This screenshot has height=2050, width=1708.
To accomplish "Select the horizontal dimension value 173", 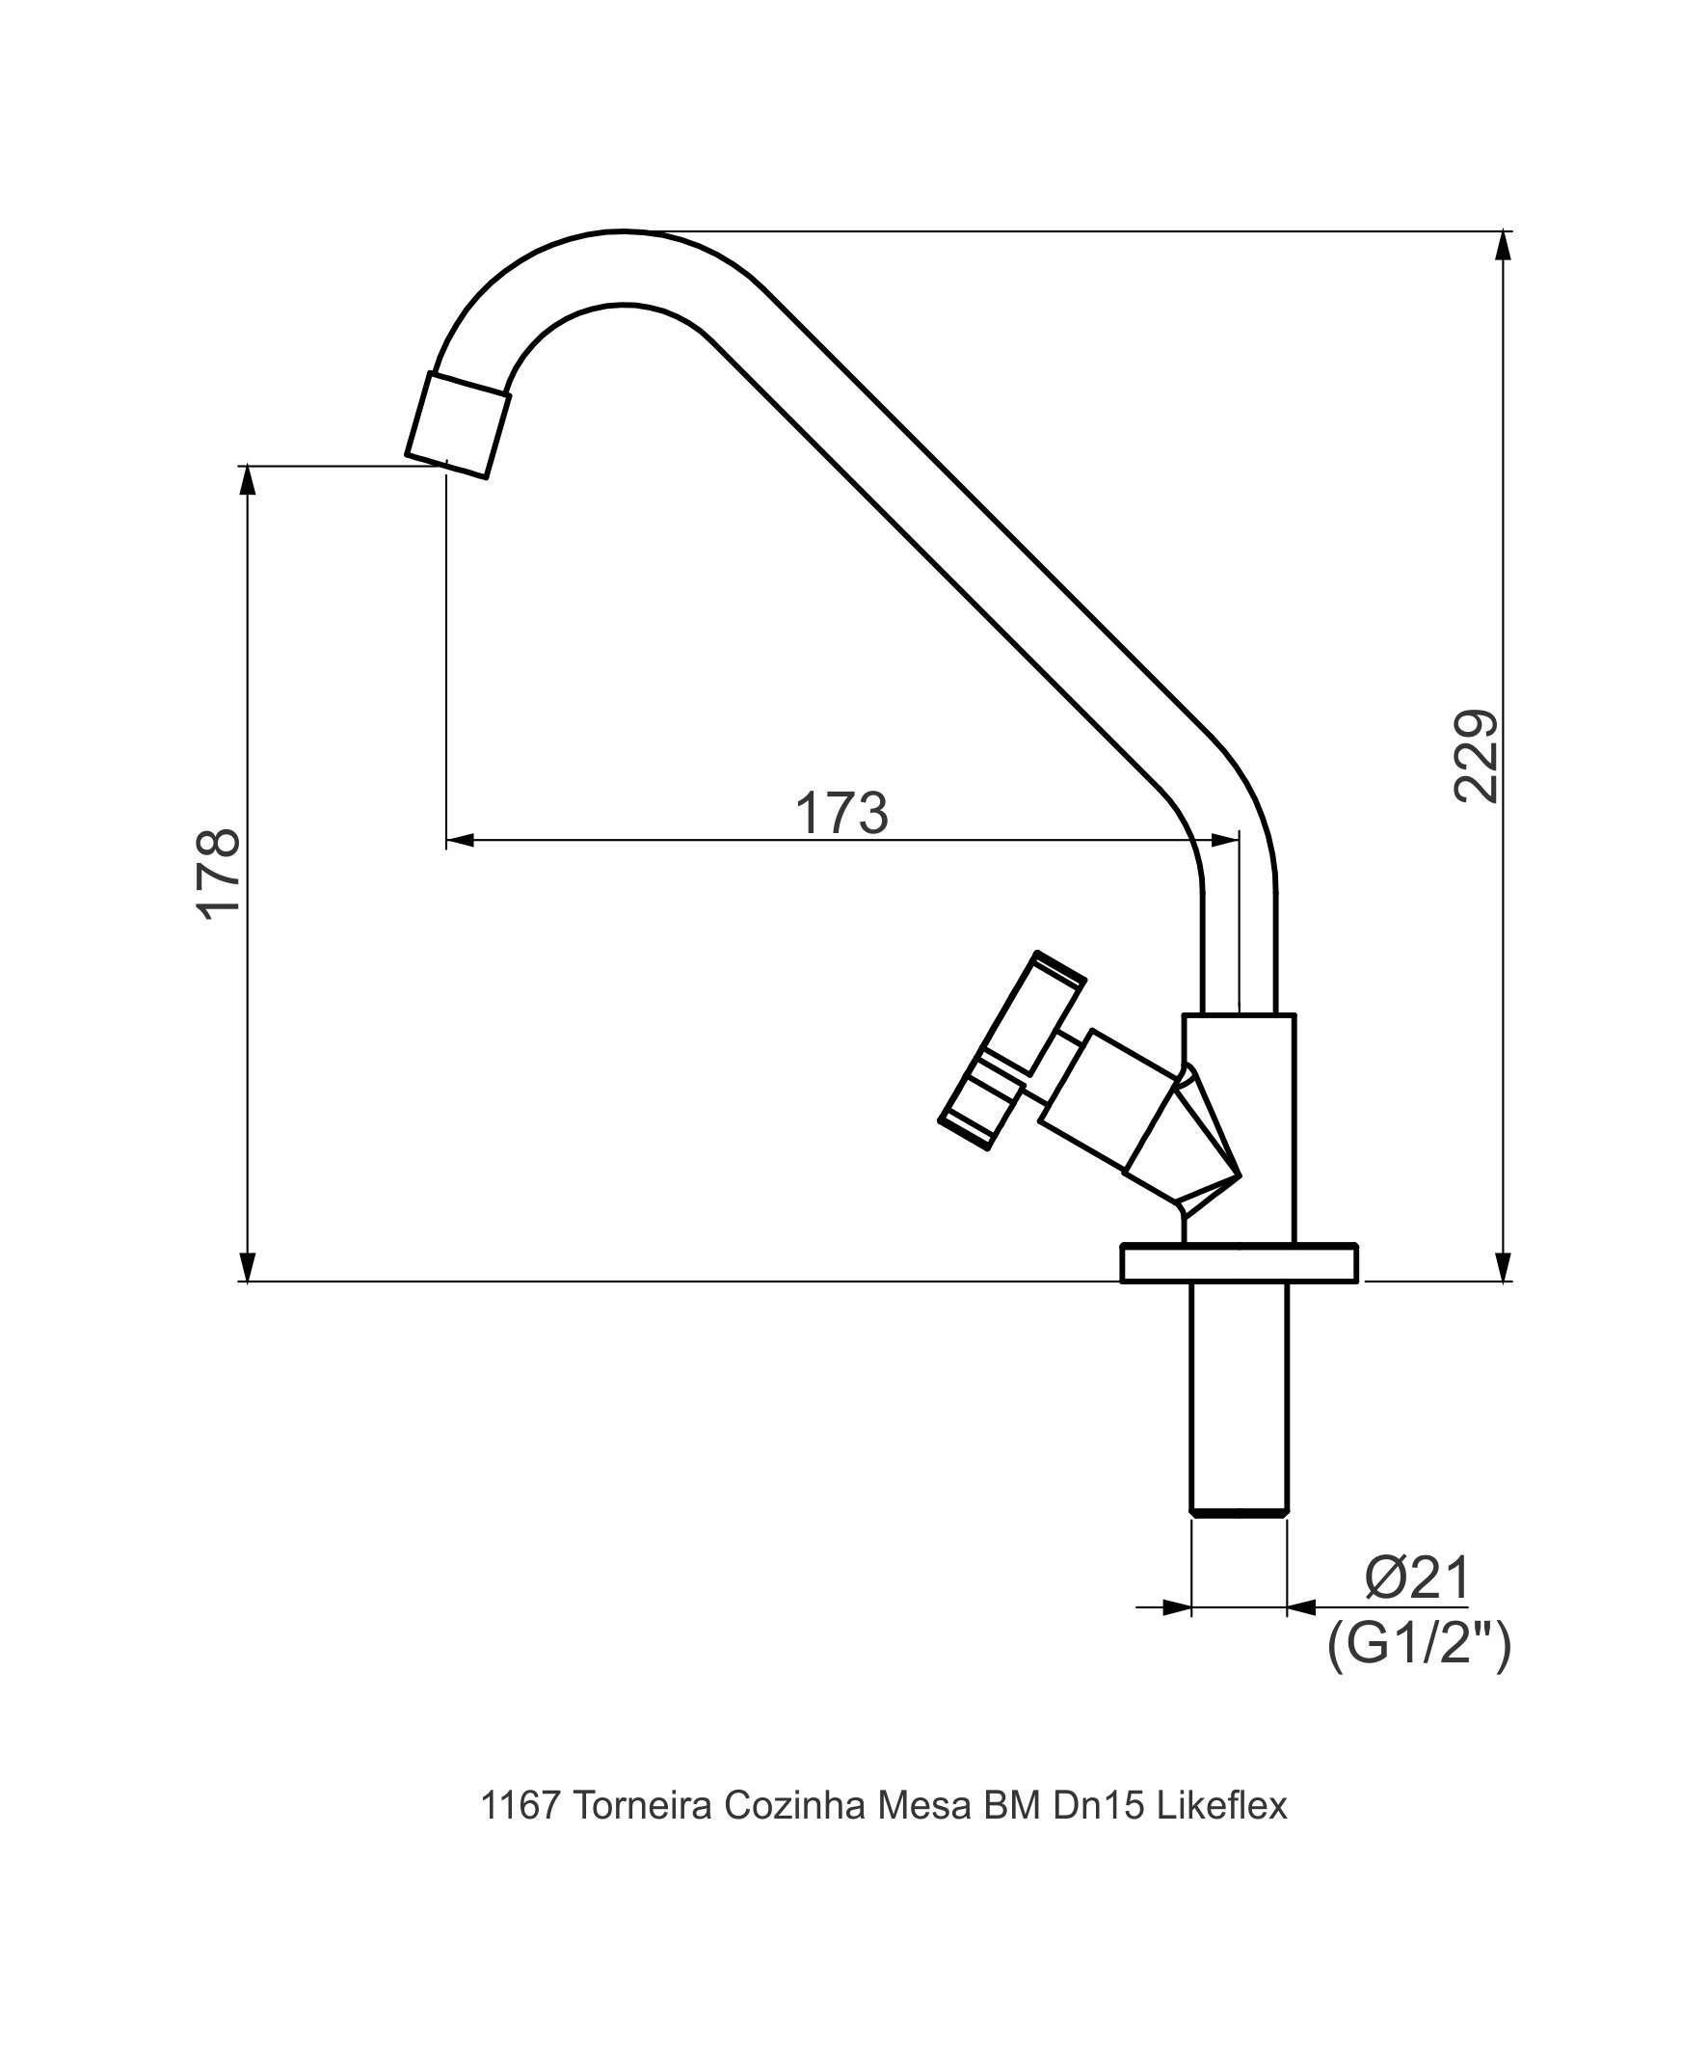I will pos(841,812).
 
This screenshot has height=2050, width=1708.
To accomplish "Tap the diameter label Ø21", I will pos(1416,1578).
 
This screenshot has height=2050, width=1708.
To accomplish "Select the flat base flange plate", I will pos(1239,1262).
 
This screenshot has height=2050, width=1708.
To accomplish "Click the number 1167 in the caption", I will pos(520,1806).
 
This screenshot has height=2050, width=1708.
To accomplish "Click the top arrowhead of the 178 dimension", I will pos(249,481).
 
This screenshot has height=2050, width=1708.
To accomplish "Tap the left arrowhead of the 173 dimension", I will pos(460,840).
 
